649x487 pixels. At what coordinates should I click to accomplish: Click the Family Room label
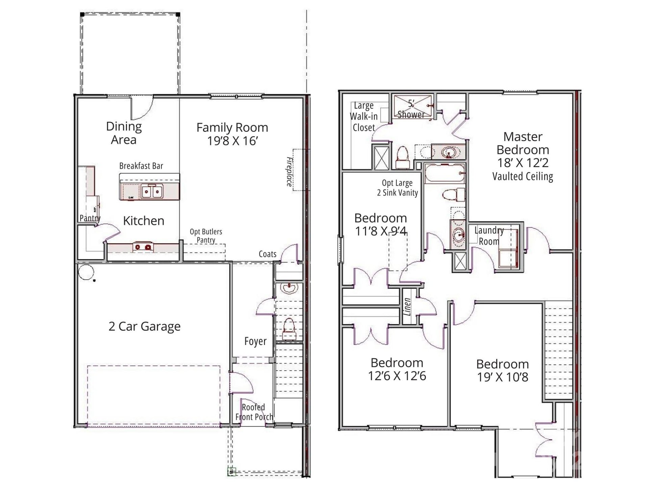[x=232, y=128]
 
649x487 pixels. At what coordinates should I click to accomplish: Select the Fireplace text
[x=289, y=171]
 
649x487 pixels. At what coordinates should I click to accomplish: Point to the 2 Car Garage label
[x=144, y=326]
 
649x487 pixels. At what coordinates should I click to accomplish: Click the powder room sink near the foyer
[x=289, y=288]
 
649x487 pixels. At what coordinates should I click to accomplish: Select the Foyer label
[x=255, y=341]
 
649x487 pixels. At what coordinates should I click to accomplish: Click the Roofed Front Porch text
[x=254, y=412]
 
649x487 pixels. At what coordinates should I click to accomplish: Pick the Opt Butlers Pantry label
[x=206, y=236]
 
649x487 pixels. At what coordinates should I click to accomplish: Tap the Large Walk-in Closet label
[x=363, y=117]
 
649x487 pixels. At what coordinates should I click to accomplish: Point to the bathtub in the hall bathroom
[x=444, y=173]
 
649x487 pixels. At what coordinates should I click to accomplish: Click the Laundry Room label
[x=489, y=236]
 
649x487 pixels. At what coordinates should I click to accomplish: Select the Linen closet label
[x=408, y=306]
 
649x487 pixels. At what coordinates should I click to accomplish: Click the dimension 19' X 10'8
[x=502, y=377]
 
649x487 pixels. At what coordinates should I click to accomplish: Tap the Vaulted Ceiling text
[x=523, y=176]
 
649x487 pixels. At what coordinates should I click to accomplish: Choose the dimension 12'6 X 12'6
[x=397, y=376]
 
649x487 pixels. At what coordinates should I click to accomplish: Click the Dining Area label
[x=124, y=133]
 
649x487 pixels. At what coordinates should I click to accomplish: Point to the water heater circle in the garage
[x=86, y=272]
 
